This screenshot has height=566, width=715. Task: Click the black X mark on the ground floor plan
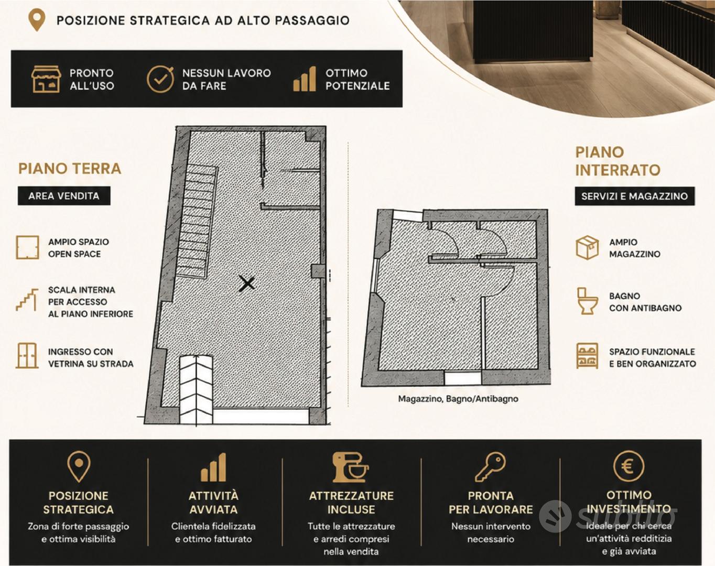pos(247,284)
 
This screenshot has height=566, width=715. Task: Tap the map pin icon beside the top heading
pos(37,19)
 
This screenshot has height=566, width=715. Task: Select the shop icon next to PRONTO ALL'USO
pos(46,79)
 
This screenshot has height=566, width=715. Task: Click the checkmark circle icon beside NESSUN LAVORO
pos(160,79)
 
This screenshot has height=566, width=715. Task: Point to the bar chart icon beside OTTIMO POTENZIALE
pos(305,79)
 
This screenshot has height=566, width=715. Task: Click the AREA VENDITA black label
pos(64,195)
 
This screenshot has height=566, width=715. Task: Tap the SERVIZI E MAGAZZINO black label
pos(635,196)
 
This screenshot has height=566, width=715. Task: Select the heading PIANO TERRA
pos(69,168)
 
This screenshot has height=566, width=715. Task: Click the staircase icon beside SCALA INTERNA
pos(27,300)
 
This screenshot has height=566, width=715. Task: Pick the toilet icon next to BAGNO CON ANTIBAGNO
pos(587,301)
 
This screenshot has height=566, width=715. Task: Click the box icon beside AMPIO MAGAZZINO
pos(587,247)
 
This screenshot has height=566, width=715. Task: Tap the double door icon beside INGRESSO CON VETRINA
pos(27,356)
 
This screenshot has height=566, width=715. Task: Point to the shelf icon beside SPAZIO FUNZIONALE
pos(588,356)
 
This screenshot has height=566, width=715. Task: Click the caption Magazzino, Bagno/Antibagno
pos(458,399)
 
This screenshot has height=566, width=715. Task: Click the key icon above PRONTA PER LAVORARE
pos(491,466)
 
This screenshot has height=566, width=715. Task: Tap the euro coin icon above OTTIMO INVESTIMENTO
pos(629,466)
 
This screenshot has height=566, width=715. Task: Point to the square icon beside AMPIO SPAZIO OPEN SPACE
pos(27,247)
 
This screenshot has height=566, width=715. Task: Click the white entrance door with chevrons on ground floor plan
pos(196,389)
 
